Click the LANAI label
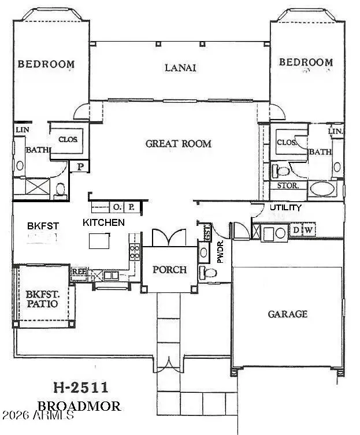tap(180, 68)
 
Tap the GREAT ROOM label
tap(178, 143)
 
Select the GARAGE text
tap(287, 314)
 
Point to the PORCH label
tap(169, 270)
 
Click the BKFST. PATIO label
tap(42, 298)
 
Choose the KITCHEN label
tap(103, 222)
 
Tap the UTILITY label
tap(285, 207)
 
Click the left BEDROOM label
tap(46, 64)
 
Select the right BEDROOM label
tap(306, 62)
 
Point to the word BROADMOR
tap(79, 406)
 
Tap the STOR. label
tap(287, 186)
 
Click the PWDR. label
tap(220, 253)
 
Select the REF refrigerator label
tap(78, 270)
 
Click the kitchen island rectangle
tap(99, 240)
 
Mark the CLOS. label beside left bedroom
tap(68, 140)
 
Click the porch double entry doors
tap(169, 237)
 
